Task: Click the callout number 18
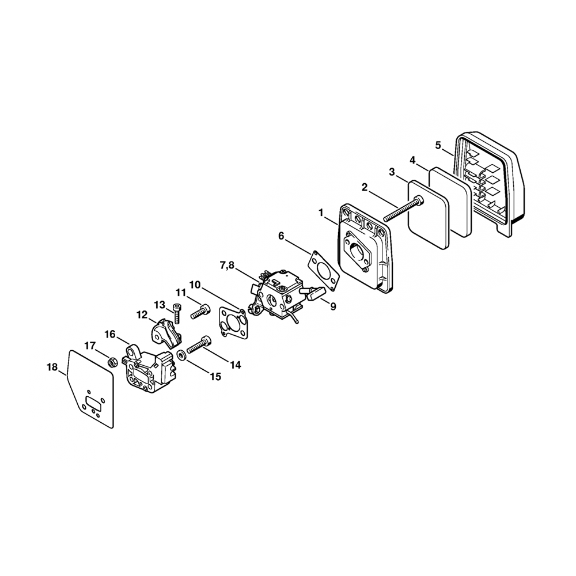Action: coord(52,366)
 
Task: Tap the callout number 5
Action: coord(438,145)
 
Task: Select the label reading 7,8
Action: coord(227,264)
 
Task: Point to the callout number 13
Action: coord(160,304)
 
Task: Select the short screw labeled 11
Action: coord(198,312)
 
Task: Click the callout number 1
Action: coord(321,213)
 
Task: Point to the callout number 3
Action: coord(392,172)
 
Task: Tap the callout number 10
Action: coord(195,285)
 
